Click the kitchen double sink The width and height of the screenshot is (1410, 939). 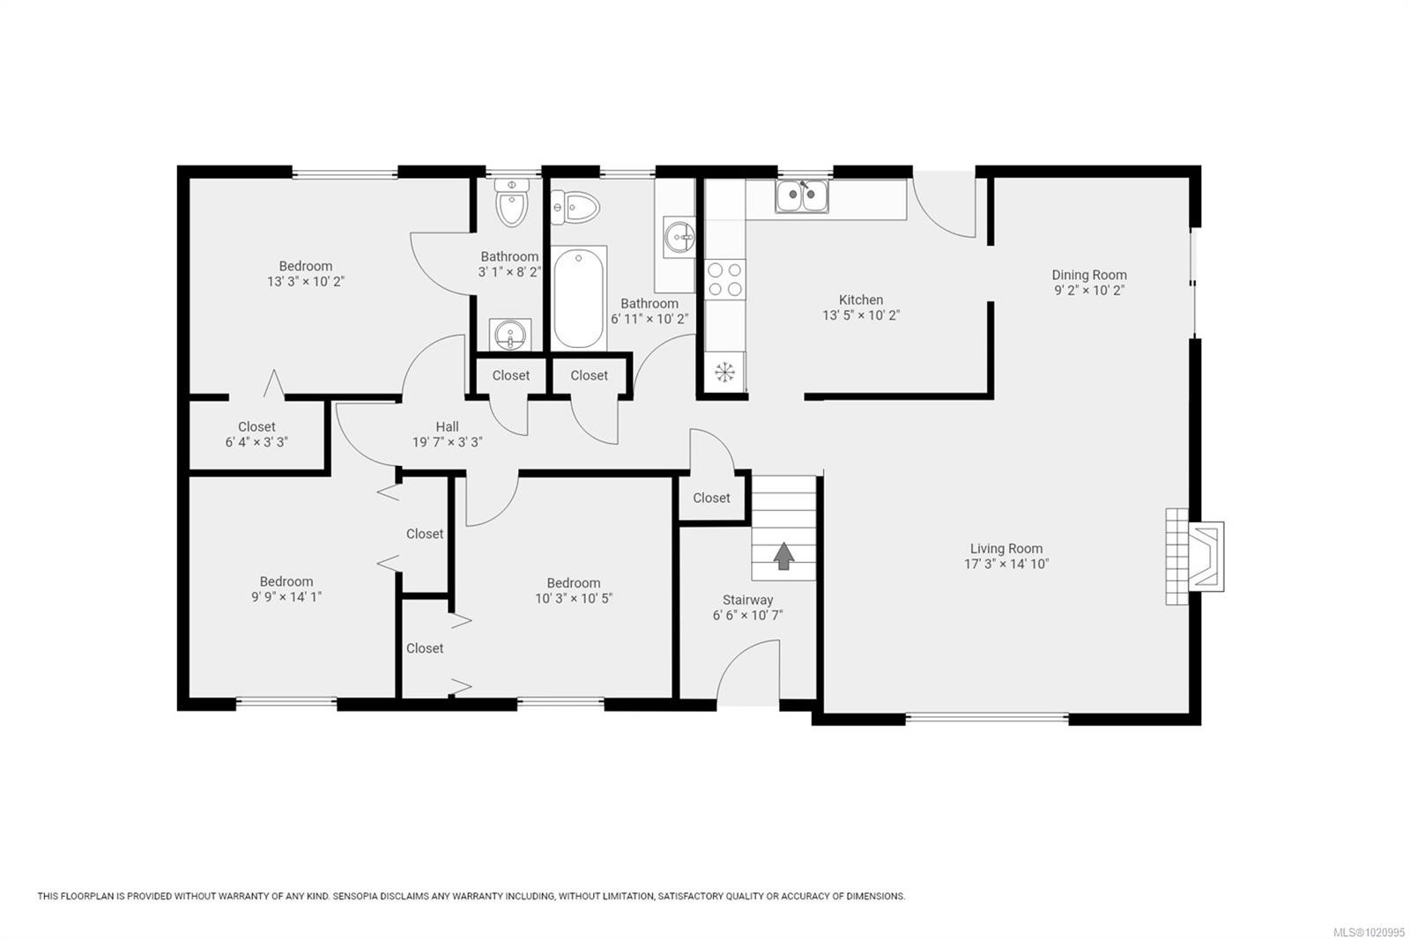(x=802, y=196)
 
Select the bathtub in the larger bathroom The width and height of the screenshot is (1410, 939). (x=580, y=298)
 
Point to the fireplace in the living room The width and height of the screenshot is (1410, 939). (x=1195, y=556)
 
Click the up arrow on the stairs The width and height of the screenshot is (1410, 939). (x=783, y=556)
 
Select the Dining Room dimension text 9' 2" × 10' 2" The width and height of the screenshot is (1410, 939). (x=1089, y=290)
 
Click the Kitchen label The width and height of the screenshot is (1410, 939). (x=861, y=299)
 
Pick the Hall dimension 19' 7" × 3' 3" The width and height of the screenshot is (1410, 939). (x=448, y=442)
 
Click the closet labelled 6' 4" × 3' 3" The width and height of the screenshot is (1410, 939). (x=256, y=434)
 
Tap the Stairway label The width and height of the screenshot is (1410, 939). (x=747, y=600)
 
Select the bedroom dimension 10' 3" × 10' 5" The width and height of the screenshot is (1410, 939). (x=574, y=598)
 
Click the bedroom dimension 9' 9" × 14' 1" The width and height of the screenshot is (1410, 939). (x=286, y=596)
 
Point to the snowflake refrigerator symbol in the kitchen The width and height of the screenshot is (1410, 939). (x=724, y=373)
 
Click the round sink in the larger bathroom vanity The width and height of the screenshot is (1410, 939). (x=679, y=237)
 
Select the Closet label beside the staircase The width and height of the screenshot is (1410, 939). (x=711, y=498)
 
